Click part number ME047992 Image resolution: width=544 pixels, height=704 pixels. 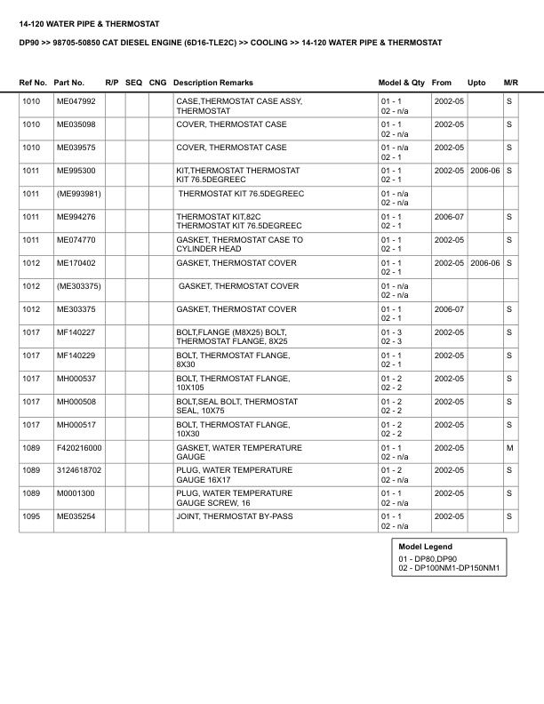click(x=76, y=102)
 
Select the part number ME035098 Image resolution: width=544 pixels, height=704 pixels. click(x=76, y=124)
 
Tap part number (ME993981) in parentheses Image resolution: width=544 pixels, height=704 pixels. click(x=78, y=193)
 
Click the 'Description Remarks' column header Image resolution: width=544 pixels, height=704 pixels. click(x=220, y=82)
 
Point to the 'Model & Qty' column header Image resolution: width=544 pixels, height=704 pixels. click(x=402, y=82)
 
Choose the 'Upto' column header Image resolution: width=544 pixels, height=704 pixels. click(x=476, y=82)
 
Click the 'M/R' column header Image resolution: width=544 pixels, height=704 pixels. click(x=510, y=82)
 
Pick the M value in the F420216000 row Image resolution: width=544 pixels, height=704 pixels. click(x=509, y=447)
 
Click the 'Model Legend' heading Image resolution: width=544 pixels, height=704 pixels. click(x=425, y=547)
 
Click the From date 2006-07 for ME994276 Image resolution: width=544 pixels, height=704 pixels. click(x=449, y=216)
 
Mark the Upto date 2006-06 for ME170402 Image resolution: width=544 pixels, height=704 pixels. click(x=485, y=263)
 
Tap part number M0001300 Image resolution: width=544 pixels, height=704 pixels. click(x=76, y=492)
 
